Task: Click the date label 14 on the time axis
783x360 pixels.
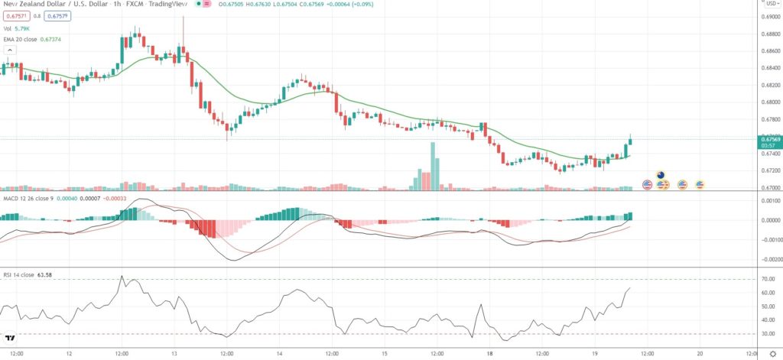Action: pyautogui.click(x=279, y=353)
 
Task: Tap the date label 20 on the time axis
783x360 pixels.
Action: pyautogui.click(x=700, y=353)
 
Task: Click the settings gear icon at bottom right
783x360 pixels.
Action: pyautogui.click(x=772, y=353)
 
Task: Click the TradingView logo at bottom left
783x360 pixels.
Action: pyautogui.click(x=10, y=337)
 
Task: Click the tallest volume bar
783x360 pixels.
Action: pyautogui.click(x=433, y=164)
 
